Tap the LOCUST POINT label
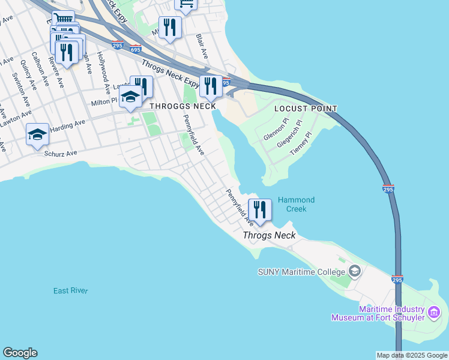[x=305, y=109]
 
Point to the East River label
[x=70, y=291]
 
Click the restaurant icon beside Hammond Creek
[x=260, y=210]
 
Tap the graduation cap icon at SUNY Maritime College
[x=355, y=271]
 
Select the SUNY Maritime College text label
[x=302, y=272]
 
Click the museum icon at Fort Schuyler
[x=434, y=313]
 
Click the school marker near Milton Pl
[x=130, y=97]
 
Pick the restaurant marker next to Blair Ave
[x=170, y=28]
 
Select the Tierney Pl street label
[x=302, y=144]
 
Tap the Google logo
[x=20, y=353]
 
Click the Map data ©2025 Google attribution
[x=412, y=355]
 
